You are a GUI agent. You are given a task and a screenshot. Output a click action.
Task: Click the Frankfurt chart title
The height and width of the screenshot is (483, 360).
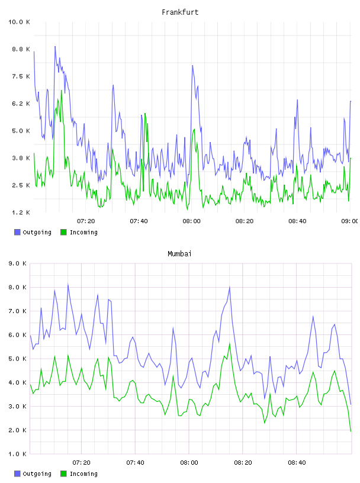pyautogui.click(x=180, y=12)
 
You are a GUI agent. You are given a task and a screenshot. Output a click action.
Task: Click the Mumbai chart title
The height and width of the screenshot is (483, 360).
pyautogui.click(x=179, y=254)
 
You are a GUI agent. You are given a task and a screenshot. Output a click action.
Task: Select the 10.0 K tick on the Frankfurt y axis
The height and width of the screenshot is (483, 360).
pyautogui.click(x=19, y=22)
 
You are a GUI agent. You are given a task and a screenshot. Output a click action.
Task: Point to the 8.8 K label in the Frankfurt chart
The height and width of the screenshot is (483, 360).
pyautogui.click(x=21, y=49)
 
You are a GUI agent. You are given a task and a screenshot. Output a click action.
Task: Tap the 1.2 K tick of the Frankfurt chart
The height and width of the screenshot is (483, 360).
pyautogui.click(x=21, y=212)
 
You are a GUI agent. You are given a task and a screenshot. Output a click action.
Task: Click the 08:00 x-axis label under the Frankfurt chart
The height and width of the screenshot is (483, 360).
pyautogui.click(x=191, y=221)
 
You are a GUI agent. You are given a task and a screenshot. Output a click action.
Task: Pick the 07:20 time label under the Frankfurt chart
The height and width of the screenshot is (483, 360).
pyautogui.click(x=86, y=221)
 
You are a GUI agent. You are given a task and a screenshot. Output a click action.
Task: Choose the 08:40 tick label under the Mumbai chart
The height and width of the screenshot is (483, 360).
pyautogui.click(x=297, y=462)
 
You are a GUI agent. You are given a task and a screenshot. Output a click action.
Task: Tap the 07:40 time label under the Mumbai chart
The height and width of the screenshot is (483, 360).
pyautogui.click(x=136, y=462)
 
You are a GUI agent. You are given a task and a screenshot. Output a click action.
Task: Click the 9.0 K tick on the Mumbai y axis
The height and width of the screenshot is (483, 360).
pyautogui.click(x=17, y=263)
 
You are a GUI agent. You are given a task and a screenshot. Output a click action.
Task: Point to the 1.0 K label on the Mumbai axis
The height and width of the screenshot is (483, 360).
pyautogui.click(x=17, y=454)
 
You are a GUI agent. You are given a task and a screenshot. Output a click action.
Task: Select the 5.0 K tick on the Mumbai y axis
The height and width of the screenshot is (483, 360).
pyautogui.click(x=17, y=359)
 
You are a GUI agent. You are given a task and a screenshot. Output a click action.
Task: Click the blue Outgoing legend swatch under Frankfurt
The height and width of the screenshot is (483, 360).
pyautogui.click(x=17, y=232)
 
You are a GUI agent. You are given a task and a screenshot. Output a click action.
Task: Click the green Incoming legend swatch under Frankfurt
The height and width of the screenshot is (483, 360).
pyautogui.click(x=63, y=232)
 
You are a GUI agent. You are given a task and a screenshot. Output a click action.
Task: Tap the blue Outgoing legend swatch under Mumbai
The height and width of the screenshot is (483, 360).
pyautogui.click(x=17, y=474)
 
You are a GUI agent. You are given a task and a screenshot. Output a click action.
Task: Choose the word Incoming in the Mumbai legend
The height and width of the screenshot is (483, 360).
pyautogui.click(x=83, y=474)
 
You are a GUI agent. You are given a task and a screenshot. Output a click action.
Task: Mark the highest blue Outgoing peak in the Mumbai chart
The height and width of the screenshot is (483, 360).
pyautogui.click(x=68, y=284)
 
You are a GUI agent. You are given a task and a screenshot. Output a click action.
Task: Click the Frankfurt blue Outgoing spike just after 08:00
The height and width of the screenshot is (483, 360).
pyautogui.click(x=192, y=66)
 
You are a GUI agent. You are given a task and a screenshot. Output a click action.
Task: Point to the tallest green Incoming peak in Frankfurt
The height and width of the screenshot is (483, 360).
pyautogui.click(x=62, y=91)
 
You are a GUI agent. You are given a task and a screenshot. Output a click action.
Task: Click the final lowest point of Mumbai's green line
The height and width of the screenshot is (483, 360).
pyautogui.click(x=351, y=431)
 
